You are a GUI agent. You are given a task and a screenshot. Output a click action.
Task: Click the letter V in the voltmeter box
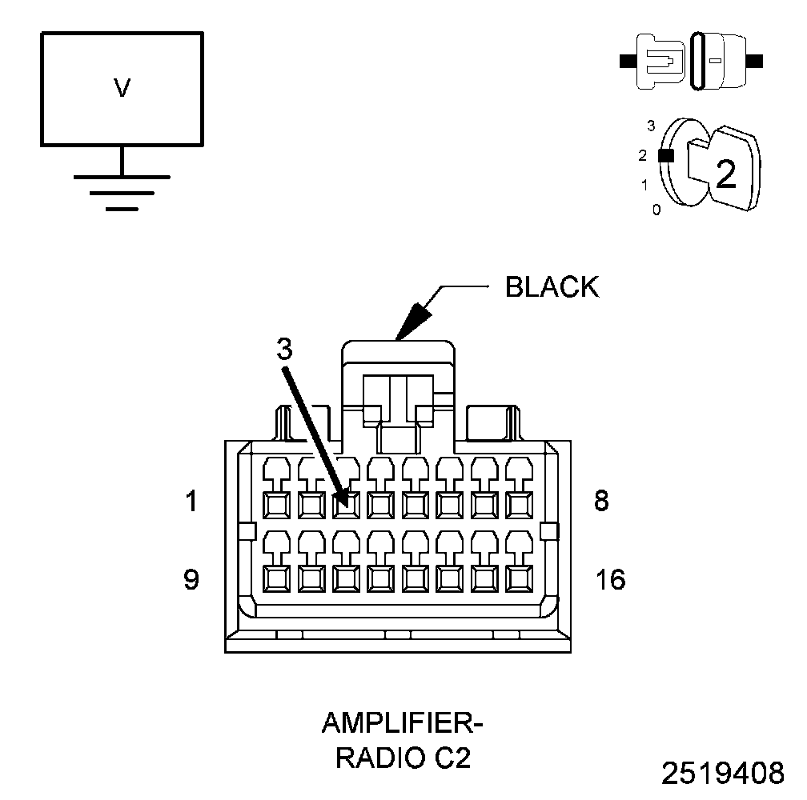tap(122, 88)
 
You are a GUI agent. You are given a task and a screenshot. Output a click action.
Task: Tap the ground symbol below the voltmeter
tap(122, 193)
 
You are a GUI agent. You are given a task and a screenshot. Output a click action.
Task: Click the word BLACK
tap(552, 287)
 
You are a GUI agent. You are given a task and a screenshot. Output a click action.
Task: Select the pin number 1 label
tap(191, 501)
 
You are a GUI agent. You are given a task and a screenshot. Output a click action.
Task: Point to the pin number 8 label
tap(601, 500)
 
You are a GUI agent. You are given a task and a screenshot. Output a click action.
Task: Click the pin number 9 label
tap(191, 579)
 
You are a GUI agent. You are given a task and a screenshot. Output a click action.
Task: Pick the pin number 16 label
tap(610, 579)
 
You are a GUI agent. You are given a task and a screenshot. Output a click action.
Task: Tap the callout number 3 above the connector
tap(284, 349)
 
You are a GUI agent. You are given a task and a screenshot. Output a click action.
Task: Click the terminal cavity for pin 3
tap(346, 505)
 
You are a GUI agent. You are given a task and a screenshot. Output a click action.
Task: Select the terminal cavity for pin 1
tap(276, 505)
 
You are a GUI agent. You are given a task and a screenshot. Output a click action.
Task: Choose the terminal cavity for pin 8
tap(520, 505)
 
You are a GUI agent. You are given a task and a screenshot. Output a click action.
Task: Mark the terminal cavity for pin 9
tap(276, 578)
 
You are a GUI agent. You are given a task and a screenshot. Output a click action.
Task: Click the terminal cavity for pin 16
tap(520, 578)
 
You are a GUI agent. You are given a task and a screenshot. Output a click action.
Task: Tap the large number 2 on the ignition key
tap(725, 174)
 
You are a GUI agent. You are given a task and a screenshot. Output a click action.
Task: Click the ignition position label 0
tap(656, 210)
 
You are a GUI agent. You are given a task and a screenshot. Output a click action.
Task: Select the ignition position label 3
tap(651, 126)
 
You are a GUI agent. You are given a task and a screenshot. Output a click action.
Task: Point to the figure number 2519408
tap(723, 773)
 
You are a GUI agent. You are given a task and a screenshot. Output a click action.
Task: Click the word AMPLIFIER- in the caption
tap(403, 723)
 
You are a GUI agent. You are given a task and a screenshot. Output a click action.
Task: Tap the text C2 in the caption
tap(452, 758)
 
